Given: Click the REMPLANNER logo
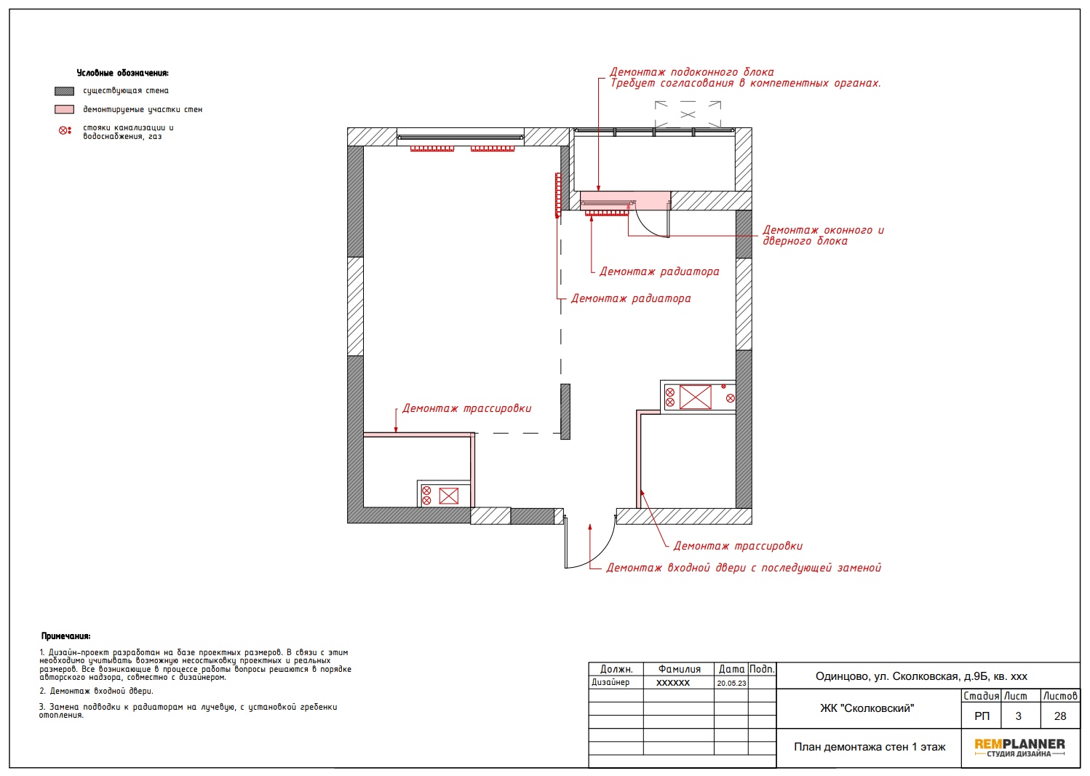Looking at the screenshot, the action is click(x=1019, y=748).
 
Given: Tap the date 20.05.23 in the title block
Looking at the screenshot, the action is click(x=731, y=683).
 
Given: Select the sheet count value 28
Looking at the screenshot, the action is click(x=1060, y=716).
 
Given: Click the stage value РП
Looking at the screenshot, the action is click(x=982, y=716).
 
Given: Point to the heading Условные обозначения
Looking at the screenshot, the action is click(x=123, y=73).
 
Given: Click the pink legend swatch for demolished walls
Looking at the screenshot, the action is click(x=64, y=109).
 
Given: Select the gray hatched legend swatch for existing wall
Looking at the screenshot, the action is click(x=64, y=91).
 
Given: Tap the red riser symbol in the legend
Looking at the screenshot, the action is click(x=65, y=130).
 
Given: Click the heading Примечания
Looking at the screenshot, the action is click(x=65, y=636).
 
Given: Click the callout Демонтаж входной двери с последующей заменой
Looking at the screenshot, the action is click(x=743, y=568).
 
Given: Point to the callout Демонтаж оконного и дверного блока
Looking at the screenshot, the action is click(x=823, y=235).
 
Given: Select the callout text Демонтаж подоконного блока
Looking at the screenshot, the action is click(x=691, y=72).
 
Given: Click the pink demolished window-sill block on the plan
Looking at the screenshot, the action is click(x=625, y=201).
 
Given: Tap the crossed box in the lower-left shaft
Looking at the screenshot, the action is click(x=448, y=496).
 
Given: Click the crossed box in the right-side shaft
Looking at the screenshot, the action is click(x=695, y=397).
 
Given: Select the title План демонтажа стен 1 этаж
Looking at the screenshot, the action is click(x=870, y=747).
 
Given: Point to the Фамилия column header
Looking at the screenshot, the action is click(x=680, y=669).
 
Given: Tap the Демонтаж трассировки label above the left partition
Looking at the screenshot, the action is click(x=466, y=408).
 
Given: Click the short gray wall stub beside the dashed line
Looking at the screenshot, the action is click(x=565, y=412).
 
